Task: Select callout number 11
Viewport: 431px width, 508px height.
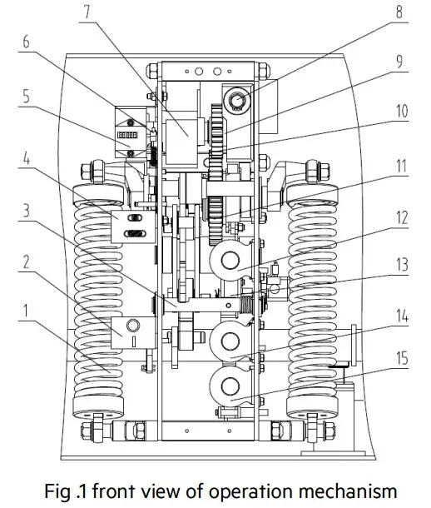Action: (x=400, y=166)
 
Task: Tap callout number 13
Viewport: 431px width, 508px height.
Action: (x=400, y=266)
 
